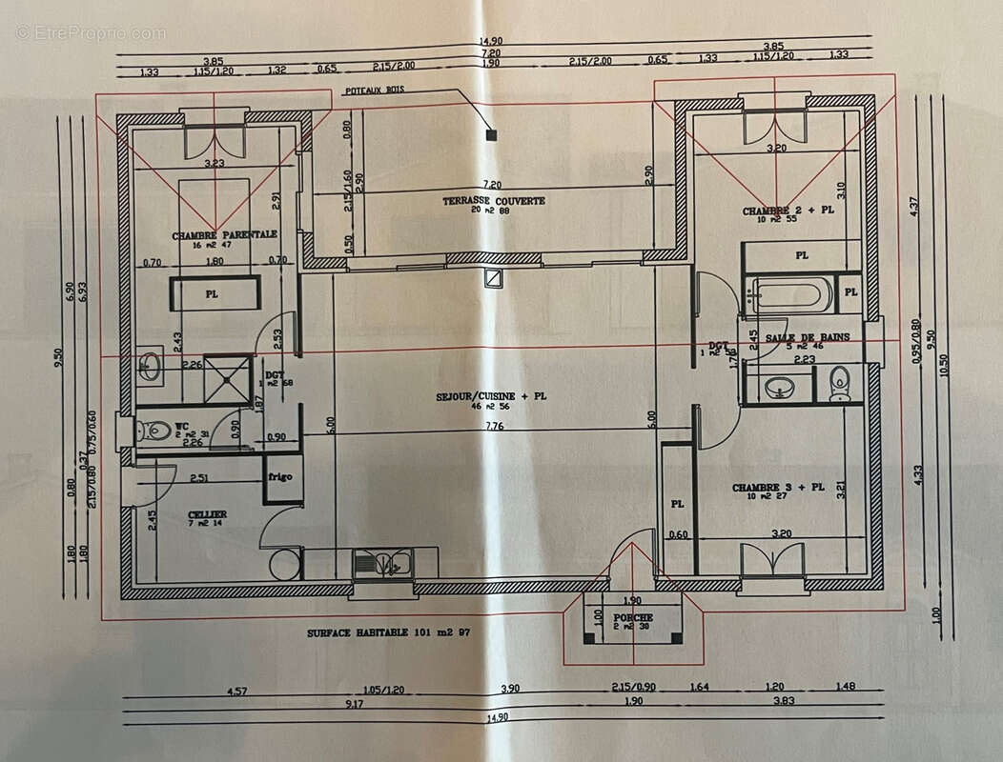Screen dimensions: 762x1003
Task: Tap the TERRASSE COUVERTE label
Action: pos(494,201)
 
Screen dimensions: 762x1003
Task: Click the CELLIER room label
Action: pos(207,514)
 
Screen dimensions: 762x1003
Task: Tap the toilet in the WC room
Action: pos(158,431)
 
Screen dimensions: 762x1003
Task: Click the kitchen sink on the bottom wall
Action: pos(384,564)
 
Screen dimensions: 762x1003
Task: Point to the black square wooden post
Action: pos(491,135)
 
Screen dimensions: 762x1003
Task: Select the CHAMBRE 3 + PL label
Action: pos(777,488)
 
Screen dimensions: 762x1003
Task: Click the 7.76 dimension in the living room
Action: pos(494,428)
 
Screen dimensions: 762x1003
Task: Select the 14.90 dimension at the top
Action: pos(493,41)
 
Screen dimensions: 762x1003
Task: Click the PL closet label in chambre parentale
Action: pos(212,295)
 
